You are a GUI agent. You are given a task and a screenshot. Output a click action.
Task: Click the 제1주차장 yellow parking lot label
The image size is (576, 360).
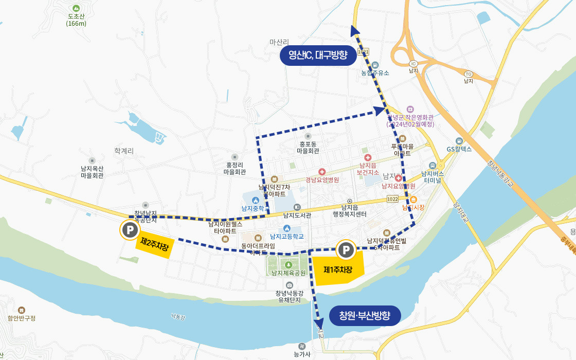click(338, 269)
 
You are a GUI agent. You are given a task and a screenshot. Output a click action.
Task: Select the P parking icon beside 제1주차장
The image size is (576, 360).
click(346, 250)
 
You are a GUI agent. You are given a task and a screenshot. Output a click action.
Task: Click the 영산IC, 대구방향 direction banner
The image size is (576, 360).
click(318, 55)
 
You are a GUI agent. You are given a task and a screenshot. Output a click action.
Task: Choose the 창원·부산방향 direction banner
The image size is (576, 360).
click(365, 315)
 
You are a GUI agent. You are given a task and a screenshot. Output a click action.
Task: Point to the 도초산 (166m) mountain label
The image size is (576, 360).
click(76, 20)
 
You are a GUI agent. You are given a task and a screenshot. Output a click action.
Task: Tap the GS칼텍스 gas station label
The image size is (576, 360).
click(459, 149)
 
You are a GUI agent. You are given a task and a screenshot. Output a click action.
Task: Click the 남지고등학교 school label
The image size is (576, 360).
click(287, 237)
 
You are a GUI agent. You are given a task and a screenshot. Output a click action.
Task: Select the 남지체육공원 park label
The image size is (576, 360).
click(289, 273)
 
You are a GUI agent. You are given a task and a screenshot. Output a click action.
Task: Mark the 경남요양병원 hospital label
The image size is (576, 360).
click(322, 179)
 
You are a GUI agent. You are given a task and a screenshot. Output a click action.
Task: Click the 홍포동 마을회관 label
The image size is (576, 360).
click(308, 148)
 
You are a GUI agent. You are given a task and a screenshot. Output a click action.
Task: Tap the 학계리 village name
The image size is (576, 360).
click(124, 151)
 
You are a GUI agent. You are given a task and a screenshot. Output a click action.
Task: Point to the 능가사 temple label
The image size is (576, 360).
click(302, 354)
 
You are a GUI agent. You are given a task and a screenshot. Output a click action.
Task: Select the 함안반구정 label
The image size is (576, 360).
click(22, 318)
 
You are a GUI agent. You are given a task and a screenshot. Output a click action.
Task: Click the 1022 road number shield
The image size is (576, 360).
click(393, 199)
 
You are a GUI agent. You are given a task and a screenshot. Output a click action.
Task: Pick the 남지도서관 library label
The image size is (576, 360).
click(297, 215)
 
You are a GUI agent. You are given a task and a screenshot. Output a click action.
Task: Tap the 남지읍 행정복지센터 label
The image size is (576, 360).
click(350, 210)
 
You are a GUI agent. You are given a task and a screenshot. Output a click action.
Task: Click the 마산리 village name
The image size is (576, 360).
click(280, 42)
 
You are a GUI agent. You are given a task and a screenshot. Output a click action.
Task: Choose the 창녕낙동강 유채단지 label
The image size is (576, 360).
click(289, 296)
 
